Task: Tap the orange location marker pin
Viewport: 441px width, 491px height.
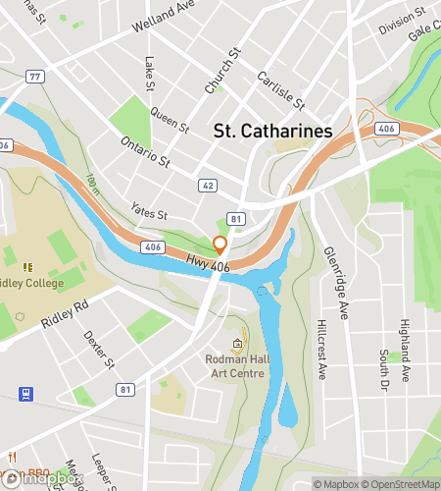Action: pos(220,245)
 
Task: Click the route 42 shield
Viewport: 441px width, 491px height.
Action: pos(208,184)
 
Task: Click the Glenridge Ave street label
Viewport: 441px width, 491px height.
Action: pos(335,283)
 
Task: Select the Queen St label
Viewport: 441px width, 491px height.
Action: pos(170,120)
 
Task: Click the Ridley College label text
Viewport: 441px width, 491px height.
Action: pos(29,284)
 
